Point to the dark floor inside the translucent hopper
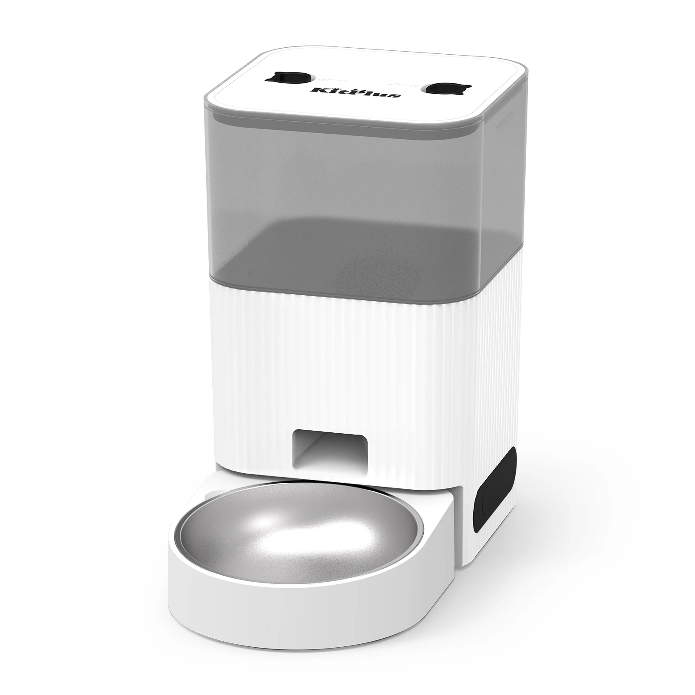coord(347,252)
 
